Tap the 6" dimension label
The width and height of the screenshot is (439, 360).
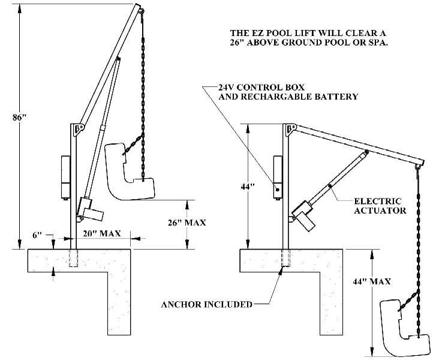click(x=37, y=236)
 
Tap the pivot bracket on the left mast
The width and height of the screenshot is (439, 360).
click(x=78, y=129)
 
